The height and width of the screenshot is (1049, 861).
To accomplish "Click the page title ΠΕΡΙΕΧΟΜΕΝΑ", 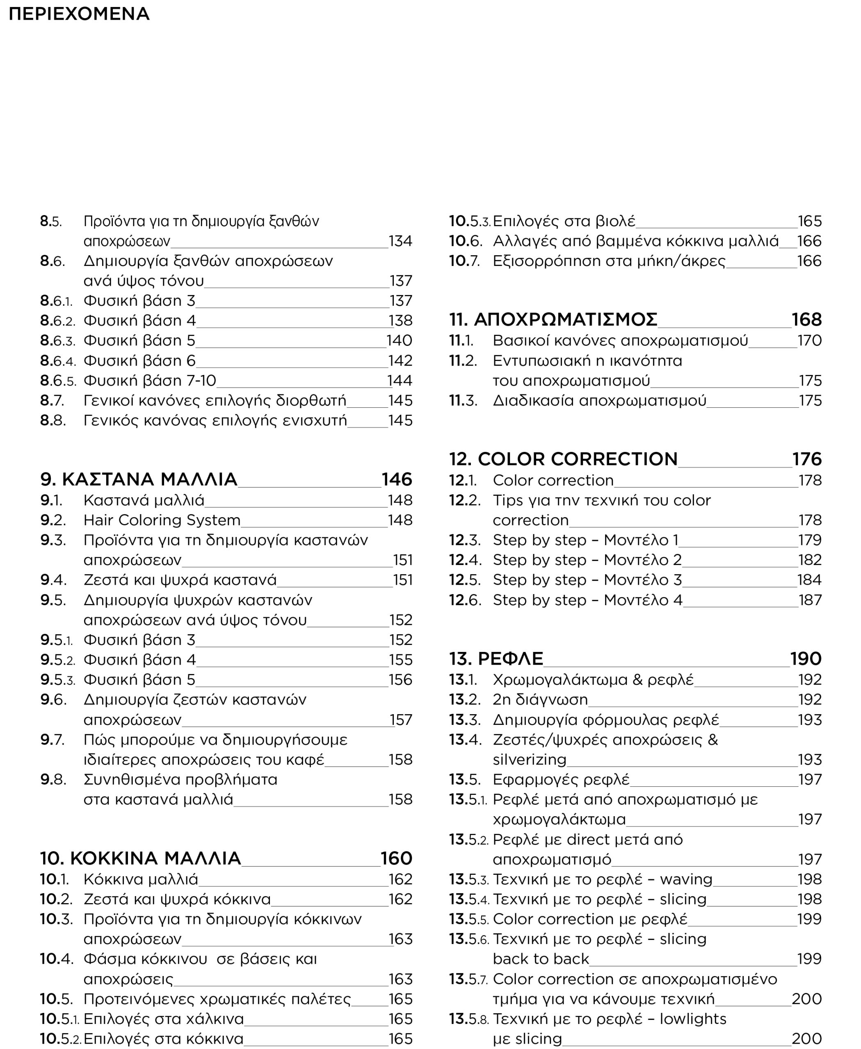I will click(79, 14).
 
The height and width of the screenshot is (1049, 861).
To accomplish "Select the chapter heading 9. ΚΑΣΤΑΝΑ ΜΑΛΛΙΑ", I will click(139, 479).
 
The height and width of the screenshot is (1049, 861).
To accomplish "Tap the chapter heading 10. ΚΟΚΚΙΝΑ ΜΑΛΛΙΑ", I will click(140, 858).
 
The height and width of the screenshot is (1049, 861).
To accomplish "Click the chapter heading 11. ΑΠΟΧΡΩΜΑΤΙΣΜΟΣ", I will click(553, 320).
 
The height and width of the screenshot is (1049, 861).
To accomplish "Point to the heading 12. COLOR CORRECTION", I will click(563, 459).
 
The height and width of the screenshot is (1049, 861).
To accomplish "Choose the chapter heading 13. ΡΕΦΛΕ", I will click(496, 658).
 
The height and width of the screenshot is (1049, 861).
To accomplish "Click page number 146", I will click(397, 479).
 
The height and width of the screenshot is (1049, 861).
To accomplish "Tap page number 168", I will click(806, 320).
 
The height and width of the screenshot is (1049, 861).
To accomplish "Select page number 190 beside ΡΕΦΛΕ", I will click(806, 658).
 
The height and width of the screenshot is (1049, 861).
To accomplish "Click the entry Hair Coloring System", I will click(162, 520).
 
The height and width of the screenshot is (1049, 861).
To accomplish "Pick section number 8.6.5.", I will click(58, 381).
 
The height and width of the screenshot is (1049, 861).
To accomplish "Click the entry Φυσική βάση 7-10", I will click(150, 381).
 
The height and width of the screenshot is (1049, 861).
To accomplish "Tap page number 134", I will click(400, 241).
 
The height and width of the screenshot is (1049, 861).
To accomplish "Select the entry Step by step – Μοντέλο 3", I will click(587, 580).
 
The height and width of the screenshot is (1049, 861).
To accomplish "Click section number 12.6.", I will click(465, 600).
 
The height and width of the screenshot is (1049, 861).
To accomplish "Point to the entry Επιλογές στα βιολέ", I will click(564, 221).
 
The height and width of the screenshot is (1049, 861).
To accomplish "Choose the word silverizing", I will click(529, 759).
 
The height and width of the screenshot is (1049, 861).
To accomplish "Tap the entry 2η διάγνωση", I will click(540, 699).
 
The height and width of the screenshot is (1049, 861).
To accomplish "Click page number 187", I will click(810, 600).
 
